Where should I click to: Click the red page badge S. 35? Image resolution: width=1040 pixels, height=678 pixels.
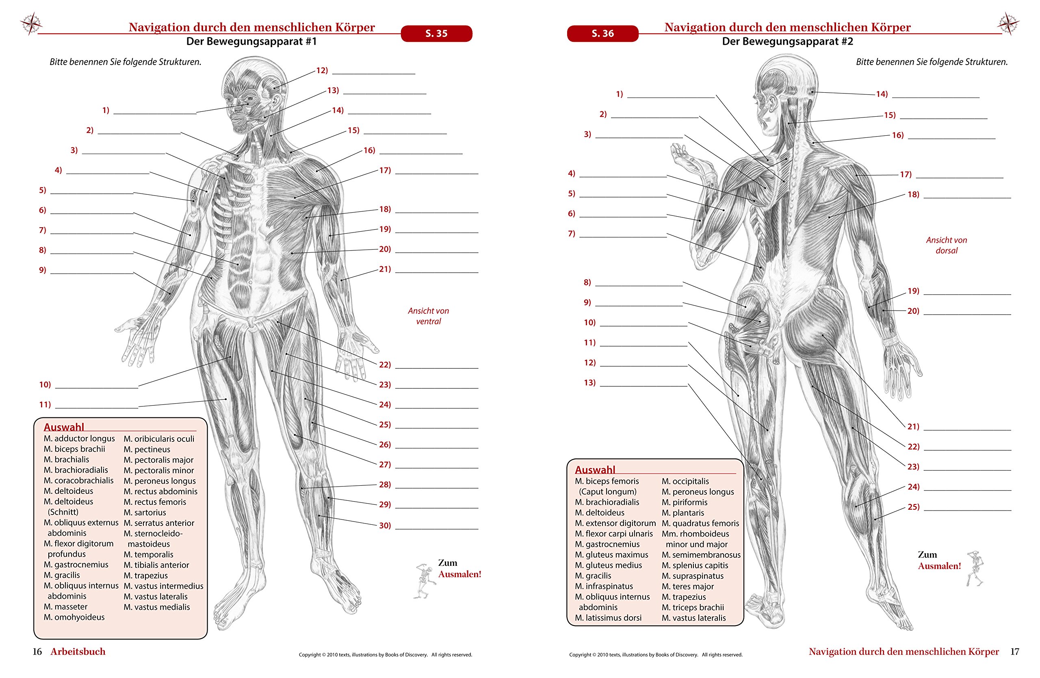[x=436, y=34]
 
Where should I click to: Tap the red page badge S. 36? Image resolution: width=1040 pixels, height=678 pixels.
[x=602, y=34]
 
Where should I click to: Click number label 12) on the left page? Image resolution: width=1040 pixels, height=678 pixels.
[x=322, y=70]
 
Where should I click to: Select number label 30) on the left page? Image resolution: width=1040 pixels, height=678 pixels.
[x=385, y=526]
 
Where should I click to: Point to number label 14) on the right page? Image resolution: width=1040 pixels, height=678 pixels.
[x=882, y=94]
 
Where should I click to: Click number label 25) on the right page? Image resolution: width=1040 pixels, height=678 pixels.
[x=913, y=507]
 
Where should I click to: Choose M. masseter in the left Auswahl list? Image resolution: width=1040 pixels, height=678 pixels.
[x=65, y=607]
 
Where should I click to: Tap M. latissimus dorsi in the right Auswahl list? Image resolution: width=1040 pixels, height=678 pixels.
[x=608, y=618]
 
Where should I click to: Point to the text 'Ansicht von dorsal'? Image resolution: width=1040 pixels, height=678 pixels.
[x=947, y=245]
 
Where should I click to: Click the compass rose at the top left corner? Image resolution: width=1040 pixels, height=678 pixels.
[x=30, y=23]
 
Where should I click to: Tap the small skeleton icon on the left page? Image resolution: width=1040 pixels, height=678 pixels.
[x=423, y=581]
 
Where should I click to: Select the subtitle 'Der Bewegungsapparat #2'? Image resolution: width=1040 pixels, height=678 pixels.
[x=787, y=41]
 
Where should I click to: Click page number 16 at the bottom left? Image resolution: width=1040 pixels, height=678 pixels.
[x=37, y=652]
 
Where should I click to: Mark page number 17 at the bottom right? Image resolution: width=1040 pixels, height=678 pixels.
[x=1015, y=652]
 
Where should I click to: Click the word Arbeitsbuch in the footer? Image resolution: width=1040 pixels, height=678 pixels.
[x=78, y=652]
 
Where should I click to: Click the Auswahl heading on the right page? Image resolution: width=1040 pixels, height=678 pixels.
[x=595, y=470]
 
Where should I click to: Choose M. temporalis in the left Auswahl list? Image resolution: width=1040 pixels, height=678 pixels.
[x=148, y=554]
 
